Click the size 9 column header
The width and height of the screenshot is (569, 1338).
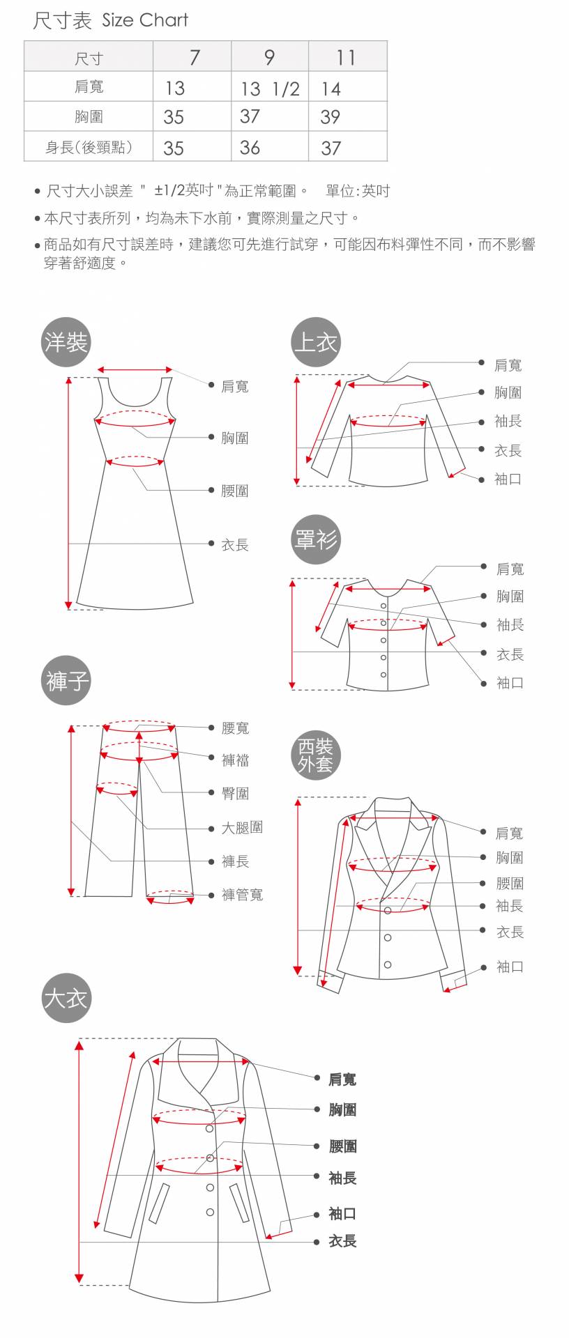pos(269,56)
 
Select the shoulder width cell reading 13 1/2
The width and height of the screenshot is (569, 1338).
pos(270,89)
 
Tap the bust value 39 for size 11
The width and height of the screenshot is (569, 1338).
pos(331,117)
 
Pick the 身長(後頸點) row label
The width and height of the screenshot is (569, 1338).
pos(89,147)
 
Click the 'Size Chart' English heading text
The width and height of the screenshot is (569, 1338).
pos(145,20)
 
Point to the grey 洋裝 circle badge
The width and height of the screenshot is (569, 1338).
pos(66,342)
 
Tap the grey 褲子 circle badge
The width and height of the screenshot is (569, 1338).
pos(66,679)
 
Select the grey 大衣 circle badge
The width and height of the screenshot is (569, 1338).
pos(66,998)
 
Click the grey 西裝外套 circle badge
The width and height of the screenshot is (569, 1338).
pos(315,755)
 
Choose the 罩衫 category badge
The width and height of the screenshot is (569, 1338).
pos(315,539)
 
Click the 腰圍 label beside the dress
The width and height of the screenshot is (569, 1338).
pos(235,491)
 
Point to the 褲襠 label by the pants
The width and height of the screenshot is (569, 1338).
pos(236,760)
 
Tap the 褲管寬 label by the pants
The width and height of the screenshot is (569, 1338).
pos(243,895)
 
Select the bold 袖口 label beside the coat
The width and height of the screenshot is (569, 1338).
pos(342,1213)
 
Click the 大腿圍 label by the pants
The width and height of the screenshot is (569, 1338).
pos(243,828)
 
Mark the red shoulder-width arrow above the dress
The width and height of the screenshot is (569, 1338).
pos(135,369)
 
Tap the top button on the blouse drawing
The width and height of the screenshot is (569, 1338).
pos(384,606)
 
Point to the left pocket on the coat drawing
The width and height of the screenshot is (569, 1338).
pos(159,1203)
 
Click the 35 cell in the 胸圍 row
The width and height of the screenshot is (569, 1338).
pos(174,117)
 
